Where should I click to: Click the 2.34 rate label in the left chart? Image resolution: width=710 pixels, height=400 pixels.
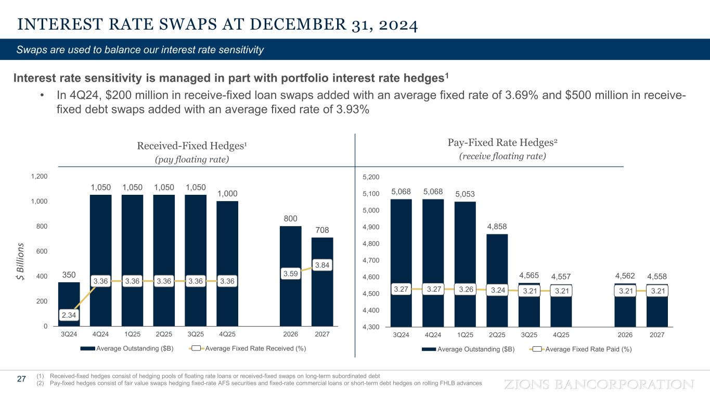(x=69, y=315)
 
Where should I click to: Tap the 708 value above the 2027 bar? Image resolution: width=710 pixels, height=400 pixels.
(x=322, y=230)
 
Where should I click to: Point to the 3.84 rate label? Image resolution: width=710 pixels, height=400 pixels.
(x=322, y=265)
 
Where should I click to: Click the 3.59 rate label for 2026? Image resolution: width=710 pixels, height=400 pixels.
(x=290, y=273)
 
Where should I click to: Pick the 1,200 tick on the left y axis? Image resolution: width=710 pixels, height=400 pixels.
(x=40, y=177)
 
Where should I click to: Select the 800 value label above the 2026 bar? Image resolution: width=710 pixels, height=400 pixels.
(x=290, y=219)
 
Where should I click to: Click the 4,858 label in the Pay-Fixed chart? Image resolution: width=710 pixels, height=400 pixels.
(x=497, y=227)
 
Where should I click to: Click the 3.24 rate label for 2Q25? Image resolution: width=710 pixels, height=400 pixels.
(x=497, y=291)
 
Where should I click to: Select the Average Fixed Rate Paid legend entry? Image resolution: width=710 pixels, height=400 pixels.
(x=581, y=349)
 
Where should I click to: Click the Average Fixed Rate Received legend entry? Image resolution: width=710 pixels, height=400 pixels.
(x=250, y=348)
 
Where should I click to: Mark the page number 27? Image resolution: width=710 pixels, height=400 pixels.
(x=21, y=379)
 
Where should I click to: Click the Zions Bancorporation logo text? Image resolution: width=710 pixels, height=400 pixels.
(x=599, y=384)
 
